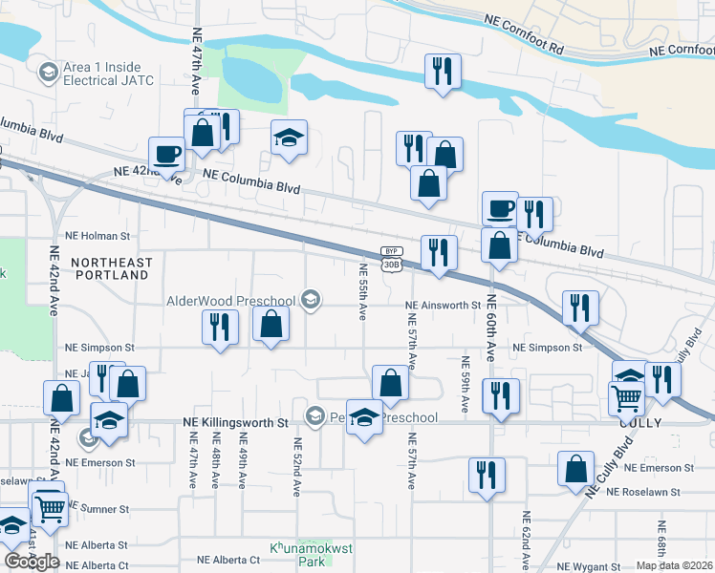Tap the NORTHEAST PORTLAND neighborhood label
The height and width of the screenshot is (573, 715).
coord(111,268)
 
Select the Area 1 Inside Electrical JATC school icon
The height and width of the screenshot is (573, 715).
coord(47,72)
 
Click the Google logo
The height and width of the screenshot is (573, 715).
coord(32,562)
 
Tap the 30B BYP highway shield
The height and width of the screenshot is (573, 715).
coord(389,258)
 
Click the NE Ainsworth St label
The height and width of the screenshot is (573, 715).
coord(442,306)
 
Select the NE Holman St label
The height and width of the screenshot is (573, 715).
coord(96,235)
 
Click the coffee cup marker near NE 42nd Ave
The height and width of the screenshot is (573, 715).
coord(166,153)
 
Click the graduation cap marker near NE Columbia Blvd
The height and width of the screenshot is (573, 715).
coord(289,138)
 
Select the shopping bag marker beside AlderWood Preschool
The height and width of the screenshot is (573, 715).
coord(271,323)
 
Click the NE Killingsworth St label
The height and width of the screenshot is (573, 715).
coord(235,421)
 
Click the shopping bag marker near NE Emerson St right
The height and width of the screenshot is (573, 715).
coord(576,469)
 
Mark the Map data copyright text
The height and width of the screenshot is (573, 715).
coord(675,565)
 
